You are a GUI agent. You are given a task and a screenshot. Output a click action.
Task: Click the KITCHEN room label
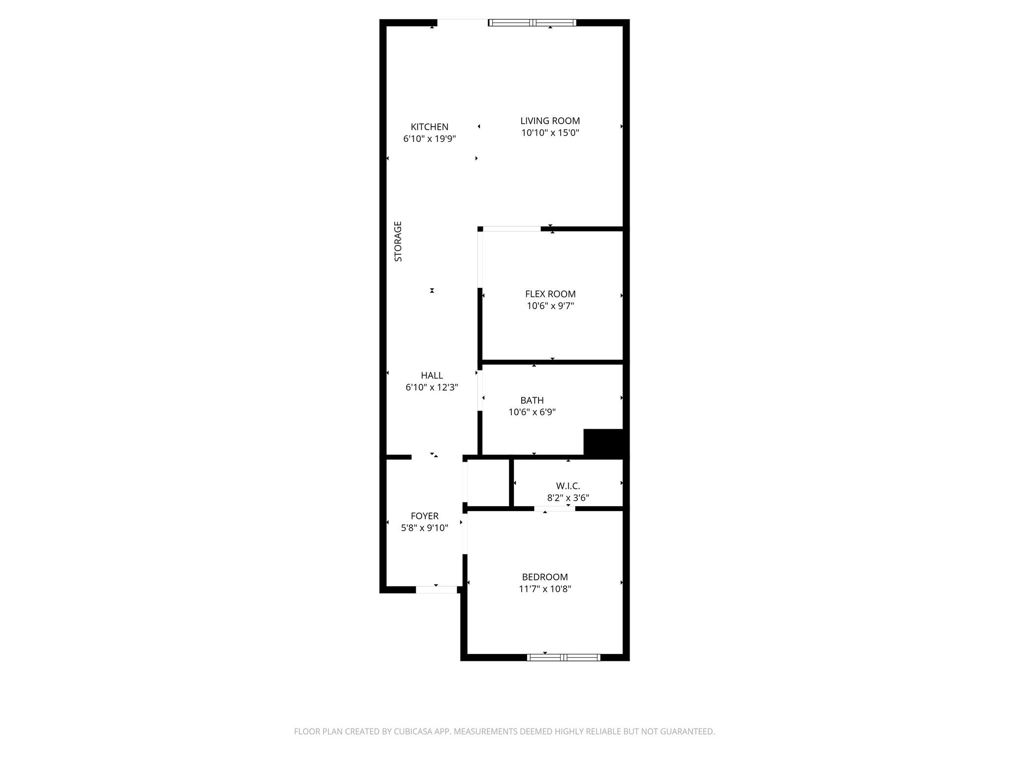[429, 127]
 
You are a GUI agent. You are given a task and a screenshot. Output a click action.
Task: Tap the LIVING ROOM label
[550, 121]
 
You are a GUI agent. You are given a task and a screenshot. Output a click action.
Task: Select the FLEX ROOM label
[550, 294]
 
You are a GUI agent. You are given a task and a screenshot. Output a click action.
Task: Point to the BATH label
[532, 401]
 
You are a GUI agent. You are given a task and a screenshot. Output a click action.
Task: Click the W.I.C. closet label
[568, 486]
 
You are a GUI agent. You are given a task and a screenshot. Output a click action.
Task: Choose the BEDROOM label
[544, 577]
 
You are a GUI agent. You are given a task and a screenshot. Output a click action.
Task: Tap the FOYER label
[424, 516]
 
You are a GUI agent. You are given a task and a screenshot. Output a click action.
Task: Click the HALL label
[432, 376]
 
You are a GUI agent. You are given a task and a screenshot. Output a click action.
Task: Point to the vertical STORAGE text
[398, 241]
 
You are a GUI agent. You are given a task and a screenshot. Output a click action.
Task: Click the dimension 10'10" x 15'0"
[550, 133]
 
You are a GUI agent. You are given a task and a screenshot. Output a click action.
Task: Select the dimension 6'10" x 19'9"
[429, 139]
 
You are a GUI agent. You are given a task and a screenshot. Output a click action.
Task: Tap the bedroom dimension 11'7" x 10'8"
[544, 589]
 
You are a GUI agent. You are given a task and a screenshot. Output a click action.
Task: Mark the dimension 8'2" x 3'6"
[568, 498]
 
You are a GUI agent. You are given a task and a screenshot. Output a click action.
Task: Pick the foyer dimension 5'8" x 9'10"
[424, 528]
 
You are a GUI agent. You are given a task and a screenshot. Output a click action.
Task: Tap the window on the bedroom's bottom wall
[563, 657]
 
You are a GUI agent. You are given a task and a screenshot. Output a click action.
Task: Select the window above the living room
[532, 23]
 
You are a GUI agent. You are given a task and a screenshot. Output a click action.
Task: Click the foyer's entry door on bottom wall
[436, 589]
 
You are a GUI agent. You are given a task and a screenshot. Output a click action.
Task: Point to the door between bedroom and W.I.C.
[554, 509]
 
